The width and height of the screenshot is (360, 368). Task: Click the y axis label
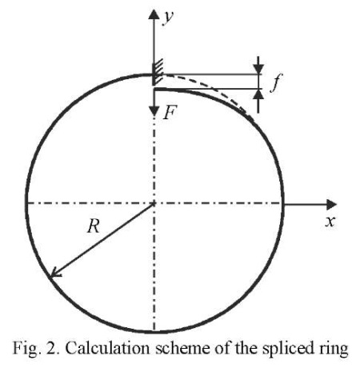pos(168,18)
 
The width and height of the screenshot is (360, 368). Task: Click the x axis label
pos(330,222)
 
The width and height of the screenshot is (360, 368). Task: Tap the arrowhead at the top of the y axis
pos(154,14)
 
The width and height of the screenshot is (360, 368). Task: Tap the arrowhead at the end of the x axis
pos(331,204)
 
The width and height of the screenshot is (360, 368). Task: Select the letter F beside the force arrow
pos(170,112)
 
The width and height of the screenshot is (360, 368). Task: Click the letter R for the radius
pos(94,227)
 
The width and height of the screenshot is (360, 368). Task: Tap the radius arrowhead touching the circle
pos(55,273)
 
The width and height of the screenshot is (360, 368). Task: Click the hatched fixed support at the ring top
pos(158,72)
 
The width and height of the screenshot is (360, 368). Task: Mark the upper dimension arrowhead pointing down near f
pos(258,69)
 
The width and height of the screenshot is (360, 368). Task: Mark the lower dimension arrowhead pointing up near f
pos(258,94)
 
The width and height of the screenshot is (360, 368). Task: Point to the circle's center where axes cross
pos(154,204)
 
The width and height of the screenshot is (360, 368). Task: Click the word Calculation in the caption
pos(107,348)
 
